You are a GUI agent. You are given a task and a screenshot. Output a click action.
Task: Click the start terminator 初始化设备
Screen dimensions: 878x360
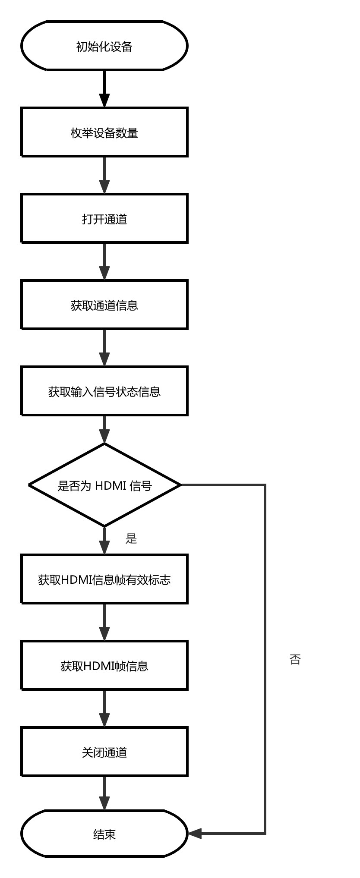(x=104, y=46)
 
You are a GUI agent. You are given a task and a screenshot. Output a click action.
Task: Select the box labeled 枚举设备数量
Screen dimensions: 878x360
(x=104, y=132)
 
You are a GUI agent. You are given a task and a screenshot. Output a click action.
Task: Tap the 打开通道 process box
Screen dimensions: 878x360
(x=104, y=218)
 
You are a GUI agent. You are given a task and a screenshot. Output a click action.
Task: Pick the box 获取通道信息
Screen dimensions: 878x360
(x=104, y=305)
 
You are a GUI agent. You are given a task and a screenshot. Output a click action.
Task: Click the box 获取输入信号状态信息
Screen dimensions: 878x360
(x=104, y=391)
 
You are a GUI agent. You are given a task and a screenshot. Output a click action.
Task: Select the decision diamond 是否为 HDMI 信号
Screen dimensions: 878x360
(x=104, y=485)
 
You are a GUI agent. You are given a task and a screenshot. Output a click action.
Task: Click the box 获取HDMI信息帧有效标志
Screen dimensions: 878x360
(x=104, y=579)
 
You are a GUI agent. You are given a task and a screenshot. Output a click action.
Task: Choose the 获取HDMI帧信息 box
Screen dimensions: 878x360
(x=104, y=665)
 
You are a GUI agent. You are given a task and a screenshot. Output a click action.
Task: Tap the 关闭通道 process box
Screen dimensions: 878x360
(x=104, y=752)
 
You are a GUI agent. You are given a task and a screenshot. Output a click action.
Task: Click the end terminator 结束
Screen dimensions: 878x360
(x=104, y=834)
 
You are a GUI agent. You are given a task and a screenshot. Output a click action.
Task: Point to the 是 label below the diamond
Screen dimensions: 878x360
(x=131, y=538)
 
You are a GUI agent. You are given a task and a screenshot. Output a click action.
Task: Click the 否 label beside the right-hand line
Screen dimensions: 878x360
(x=295, y=659)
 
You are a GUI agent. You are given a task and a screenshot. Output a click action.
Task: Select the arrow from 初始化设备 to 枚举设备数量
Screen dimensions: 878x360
(x=104, y=88)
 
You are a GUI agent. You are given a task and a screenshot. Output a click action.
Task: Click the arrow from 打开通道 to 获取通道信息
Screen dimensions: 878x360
(x=104, y=261)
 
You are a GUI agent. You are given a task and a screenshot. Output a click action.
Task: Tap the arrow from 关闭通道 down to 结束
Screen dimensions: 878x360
(x=104, y=793)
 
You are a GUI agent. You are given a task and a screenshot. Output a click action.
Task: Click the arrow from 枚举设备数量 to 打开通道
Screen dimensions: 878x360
(x=104, y=175)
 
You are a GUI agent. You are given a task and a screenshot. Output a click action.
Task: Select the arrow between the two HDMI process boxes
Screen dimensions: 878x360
(x=104, y=622)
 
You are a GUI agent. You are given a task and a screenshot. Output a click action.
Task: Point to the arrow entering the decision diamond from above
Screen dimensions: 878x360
(x=104, y=429)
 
